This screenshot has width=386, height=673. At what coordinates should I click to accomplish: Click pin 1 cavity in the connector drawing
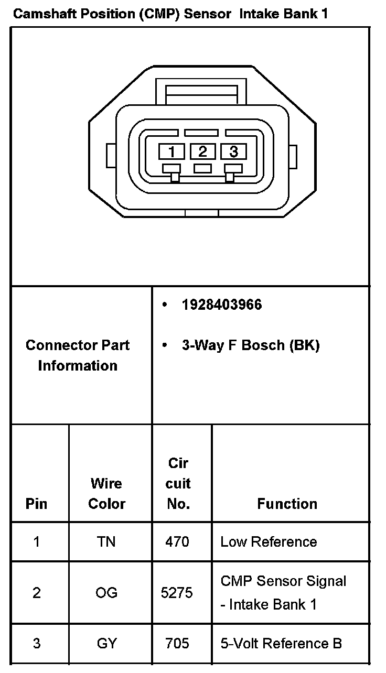(x=171, y=152)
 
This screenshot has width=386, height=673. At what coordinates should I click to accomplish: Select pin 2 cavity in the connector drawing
(x=202, y=151)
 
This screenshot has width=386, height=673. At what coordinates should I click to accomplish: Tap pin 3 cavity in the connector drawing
(x=233, y=151)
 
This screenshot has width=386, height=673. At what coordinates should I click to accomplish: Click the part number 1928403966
(x=222, y=305)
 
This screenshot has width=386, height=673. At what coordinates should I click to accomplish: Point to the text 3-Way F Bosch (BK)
(x=250, y=345)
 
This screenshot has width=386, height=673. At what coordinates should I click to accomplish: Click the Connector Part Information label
(x=78, y=355)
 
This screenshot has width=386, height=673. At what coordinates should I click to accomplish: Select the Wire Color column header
(x=106, y=493)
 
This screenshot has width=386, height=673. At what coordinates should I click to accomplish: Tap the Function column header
(x=287, y=504)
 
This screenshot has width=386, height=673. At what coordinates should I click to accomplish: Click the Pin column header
(x=36, y=504)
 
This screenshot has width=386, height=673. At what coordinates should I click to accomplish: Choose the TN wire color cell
(x=106, y=541)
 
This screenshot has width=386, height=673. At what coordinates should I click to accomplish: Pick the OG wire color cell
(x=106, y=593)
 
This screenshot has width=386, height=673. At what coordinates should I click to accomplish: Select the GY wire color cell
(x=106, y=643)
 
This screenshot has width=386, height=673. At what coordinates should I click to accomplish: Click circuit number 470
(x=177, y=541)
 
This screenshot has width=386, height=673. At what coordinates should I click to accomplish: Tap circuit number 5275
(x=177, y=593)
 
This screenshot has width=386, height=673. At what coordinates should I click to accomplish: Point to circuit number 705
(x=177, y=643)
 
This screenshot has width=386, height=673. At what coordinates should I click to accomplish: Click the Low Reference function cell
(x=269, y=541)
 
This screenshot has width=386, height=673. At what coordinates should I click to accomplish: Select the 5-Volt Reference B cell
(x=281, y=643)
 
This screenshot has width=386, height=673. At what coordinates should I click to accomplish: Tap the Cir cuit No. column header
(x=178, y=483)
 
